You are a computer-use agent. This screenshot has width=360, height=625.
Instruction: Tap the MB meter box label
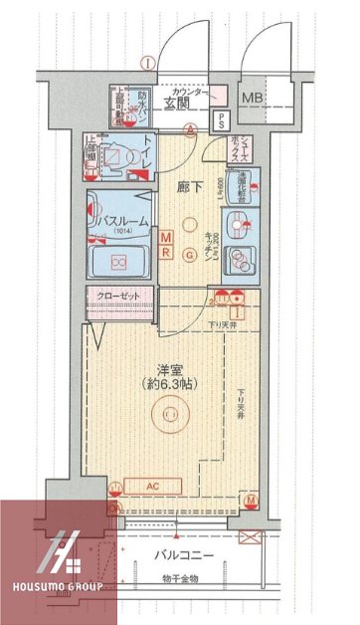click(255, 98)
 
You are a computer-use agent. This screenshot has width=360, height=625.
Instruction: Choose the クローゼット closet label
click(120, 297)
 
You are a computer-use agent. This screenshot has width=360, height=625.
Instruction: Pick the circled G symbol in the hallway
click(189, 252)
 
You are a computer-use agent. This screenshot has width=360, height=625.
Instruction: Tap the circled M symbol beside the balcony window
click(252, 500)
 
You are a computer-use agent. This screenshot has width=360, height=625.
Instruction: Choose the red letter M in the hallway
click(166, 236)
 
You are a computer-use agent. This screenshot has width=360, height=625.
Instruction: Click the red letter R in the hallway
click(166, 251)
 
